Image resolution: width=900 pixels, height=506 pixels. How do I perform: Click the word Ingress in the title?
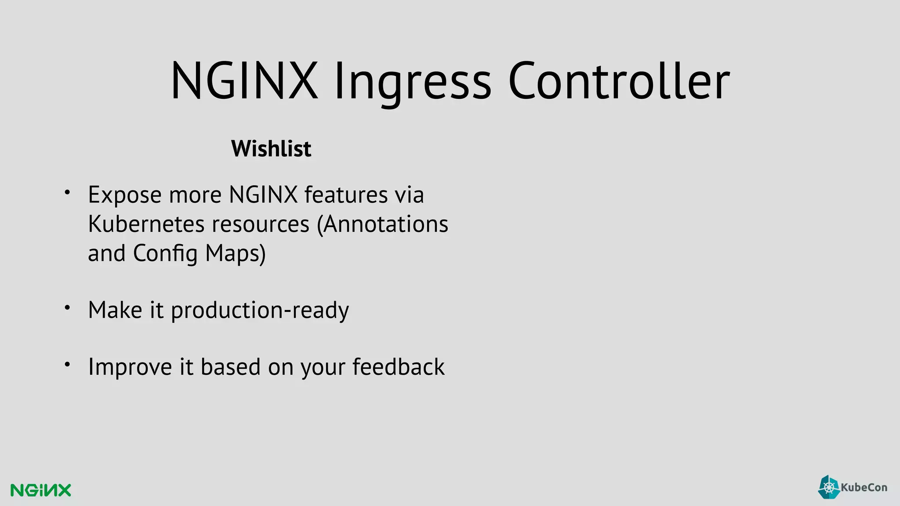pos(412,82)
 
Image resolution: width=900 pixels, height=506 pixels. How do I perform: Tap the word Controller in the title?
pos(619,82)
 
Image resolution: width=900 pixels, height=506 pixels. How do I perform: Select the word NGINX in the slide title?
pos(244,82)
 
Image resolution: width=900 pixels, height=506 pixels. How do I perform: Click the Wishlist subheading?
pos(271,148)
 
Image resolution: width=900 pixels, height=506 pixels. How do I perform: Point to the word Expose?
pos(125,195)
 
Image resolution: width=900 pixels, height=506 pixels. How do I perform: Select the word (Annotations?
pos(382,224)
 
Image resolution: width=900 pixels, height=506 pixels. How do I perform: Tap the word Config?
pos(165,253)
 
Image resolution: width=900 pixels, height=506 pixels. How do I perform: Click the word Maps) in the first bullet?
pos(236,253)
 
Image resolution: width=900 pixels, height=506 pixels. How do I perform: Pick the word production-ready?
pos(260,310)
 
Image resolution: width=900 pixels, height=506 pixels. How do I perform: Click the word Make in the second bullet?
pos(115,310)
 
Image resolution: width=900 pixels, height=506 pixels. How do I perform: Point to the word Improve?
pos(130,367)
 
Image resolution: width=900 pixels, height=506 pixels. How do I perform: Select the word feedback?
pos(399,367)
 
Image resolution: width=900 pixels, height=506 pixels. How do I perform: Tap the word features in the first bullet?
pos(346,195)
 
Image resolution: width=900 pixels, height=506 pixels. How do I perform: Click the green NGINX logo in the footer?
pos(41,490)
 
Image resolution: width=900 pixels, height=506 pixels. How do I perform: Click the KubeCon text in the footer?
pos(864,487)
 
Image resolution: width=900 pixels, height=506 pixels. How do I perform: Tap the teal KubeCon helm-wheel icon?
pos(829,487)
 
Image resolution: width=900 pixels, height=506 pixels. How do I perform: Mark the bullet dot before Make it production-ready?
pos(67,308)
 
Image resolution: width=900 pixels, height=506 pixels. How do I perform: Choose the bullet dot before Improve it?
pos(67,364)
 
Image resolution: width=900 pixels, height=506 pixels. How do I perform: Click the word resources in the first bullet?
pos(261,224)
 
